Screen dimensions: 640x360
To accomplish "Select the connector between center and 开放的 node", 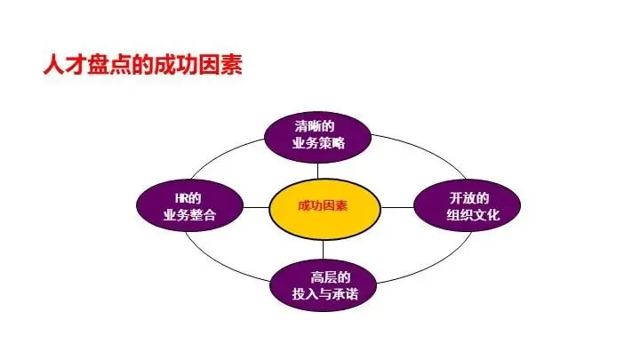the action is pyautogui.click(x=397, y=206).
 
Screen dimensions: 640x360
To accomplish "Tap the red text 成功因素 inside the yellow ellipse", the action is pyautogui.click(x=323, y=206).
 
